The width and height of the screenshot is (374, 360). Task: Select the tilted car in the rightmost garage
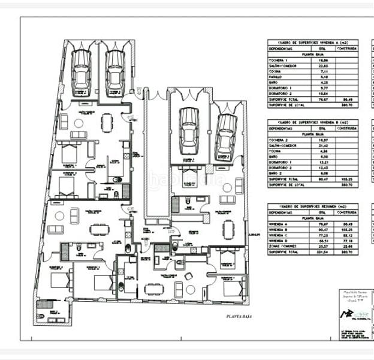(x=226, y=134)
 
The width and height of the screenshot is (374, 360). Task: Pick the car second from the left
(x=114, y=71)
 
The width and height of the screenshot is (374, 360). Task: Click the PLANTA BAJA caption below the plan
(x=238, y=316)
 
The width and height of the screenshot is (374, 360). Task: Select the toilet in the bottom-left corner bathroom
(x=41, y=304)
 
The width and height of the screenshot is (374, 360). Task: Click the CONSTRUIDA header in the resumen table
(x=346, y=212)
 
